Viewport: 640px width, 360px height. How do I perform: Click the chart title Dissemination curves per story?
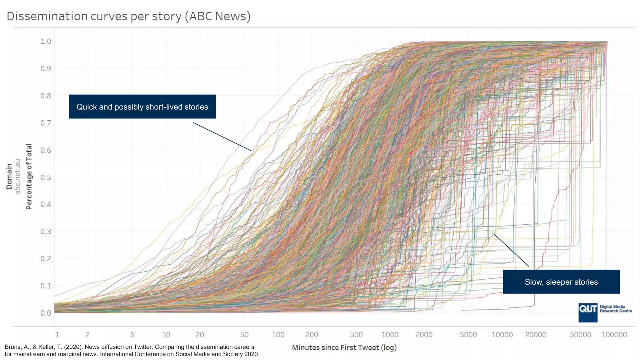[128, 16]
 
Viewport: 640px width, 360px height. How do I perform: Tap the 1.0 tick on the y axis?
[46, 42]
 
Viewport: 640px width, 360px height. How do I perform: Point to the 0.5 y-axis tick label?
[46, 177]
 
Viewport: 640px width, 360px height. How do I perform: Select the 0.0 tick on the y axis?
[46, 313]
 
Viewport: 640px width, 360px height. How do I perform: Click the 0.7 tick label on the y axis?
[46, 123]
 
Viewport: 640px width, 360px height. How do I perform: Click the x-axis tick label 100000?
[614, 335]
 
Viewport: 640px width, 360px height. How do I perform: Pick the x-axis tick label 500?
[356, 335]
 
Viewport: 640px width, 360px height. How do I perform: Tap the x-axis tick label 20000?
[535, 335]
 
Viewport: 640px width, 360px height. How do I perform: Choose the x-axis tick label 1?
[57, 335]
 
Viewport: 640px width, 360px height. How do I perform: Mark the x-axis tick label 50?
[244, 335]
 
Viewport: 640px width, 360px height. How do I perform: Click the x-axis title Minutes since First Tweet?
[344, 347]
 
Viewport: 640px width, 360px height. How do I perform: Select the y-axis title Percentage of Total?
[29, 177]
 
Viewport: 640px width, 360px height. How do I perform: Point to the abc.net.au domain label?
[18, 177]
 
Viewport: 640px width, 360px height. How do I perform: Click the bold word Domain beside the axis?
[9, 177]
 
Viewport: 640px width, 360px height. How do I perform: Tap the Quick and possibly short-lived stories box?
[142, 107]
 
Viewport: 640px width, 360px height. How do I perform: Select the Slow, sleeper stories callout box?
[561, 282]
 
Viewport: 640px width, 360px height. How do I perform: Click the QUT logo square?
[587, 312]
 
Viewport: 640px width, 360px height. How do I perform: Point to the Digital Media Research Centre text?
[616, 309]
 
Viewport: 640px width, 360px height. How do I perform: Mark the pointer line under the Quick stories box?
[222, 137]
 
